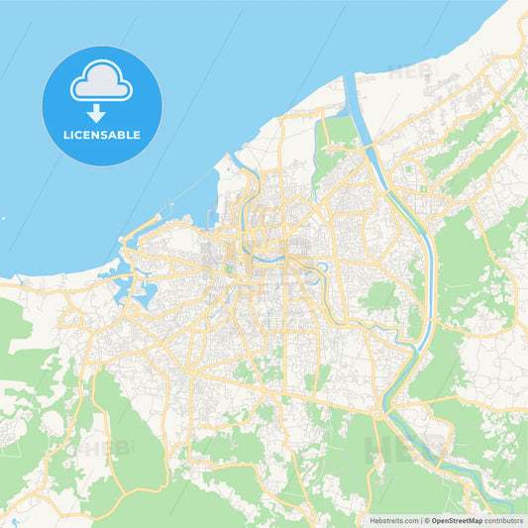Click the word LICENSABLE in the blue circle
pyautogui.click(x=102, y=135)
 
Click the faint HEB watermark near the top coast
pyautogui.click(x=410, y=70)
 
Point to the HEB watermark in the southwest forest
pyautogui.click(x=107, y=448)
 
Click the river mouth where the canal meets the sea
pyautogui.click(x=348, y=78)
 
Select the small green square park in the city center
pyautogui.click(x=230, y=264)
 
